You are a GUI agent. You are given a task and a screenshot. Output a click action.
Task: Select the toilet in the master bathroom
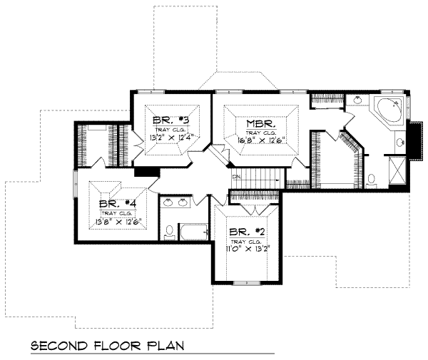click(x=372, y=180)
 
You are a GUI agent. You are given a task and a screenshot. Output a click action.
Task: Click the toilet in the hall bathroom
click(x=169, y=231)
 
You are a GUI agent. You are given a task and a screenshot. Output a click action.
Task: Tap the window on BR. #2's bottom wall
click(x=245, y=283)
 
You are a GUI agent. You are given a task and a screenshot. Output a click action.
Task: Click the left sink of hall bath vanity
click(x=168, y=204)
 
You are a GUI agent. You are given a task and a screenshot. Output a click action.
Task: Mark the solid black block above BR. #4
click(x=145, y=171)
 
